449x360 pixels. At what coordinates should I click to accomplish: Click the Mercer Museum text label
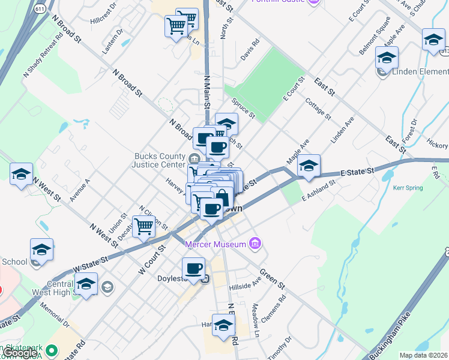tap(216, 244)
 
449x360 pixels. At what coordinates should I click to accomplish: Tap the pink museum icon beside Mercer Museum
tap(255, 243)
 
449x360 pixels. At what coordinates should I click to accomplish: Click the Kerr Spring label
tap(408, 188)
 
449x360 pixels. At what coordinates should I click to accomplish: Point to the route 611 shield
tap(39, 10)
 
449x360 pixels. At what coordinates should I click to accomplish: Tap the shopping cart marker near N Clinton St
tap(144, 227)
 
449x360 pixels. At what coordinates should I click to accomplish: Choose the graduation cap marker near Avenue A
tap(21, 174)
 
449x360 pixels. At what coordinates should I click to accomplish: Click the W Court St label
tap(151, 260)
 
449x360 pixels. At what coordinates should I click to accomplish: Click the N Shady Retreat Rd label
tap(43, 53)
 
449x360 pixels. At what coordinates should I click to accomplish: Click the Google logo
tap(20, 353)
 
